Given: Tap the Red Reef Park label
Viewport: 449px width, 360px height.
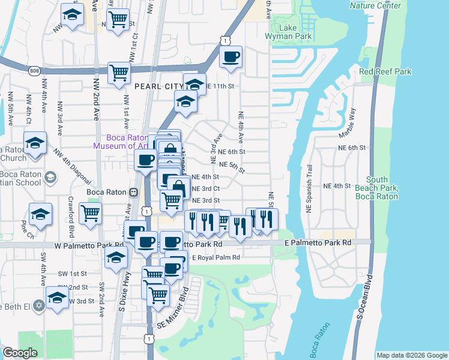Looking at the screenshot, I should [385, 72].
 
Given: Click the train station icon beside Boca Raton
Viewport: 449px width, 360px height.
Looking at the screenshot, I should [134, 192].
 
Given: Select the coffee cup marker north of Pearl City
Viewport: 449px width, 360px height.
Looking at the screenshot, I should [231, 57].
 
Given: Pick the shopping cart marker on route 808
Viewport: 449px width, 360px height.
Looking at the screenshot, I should [119, 73].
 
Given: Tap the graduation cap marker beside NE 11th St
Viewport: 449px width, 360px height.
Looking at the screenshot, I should [194, 84].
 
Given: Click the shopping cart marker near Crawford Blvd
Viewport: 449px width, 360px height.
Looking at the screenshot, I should [90, 212].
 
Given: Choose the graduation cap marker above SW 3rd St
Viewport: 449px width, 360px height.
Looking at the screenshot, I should [57, 298].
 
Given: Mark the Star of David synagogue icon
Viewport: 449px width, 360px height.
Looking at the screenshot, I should [40, 305].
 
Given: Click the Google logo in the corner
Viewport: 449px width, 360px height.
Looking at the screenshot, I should [20, 353].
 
